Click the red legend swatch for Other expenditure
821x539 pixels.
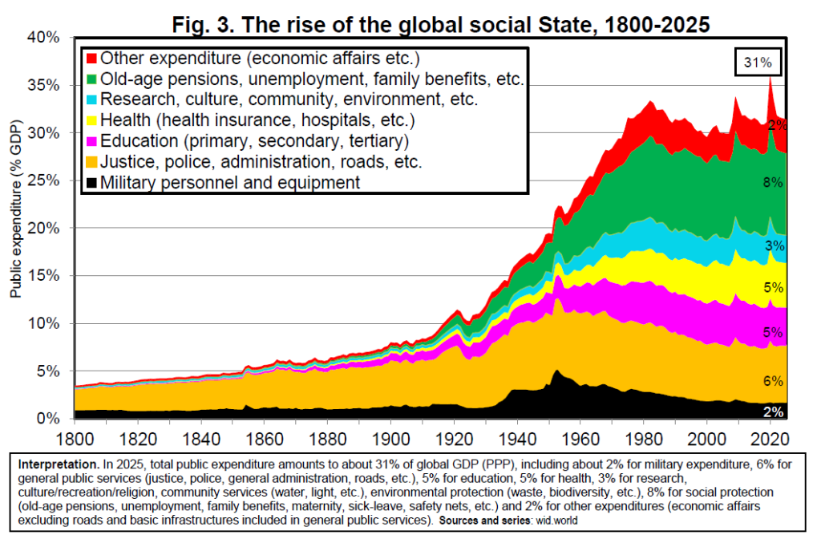pos(91,59)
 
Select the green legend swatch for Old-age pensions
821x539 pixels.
pos(91,79)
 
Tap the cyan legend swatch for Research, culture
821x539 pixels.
pos(91,100)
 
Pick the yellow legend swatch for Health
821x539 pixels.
pos(91,121)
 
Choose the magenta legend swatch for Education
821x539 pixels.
pos(91,142)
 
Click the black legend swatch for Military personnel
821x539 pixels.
pos(91,183)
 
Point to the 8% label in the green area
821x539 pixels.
pos(772,183)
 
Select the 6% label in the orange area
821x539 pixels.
pos(772,381)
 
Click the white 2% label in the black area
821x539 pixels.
pos(773,411)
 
